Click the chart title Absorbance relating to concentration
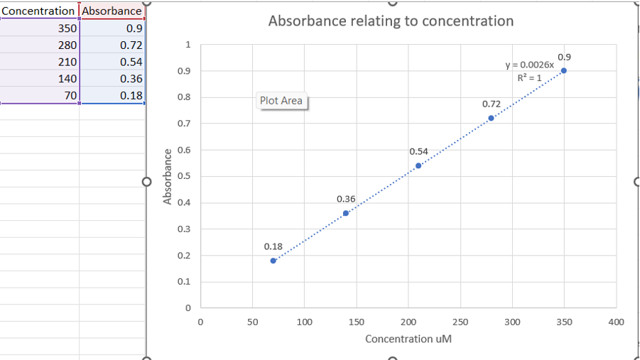pos(391,21)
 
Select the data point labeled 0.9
pos(563,70)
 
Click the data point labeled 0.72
pos(491,118)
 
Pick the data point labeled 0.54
pos(418,165)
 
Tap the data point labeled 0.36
pos(346,213)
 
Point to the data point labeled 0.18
pos(273,261)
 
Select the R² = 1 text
pos(529,77)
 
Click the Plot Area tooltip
pos(281,101)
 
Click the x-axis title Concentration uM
pos(408,339)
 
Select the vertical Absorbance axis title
pos(168,176)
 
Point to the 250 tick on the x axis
pos(460,322)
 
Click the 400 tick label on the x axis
pos(616,322)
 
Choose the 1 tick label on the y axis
pos(188,44)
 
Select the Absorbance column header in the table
pos(112,11)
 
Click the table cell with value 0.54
pos(112,62)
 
